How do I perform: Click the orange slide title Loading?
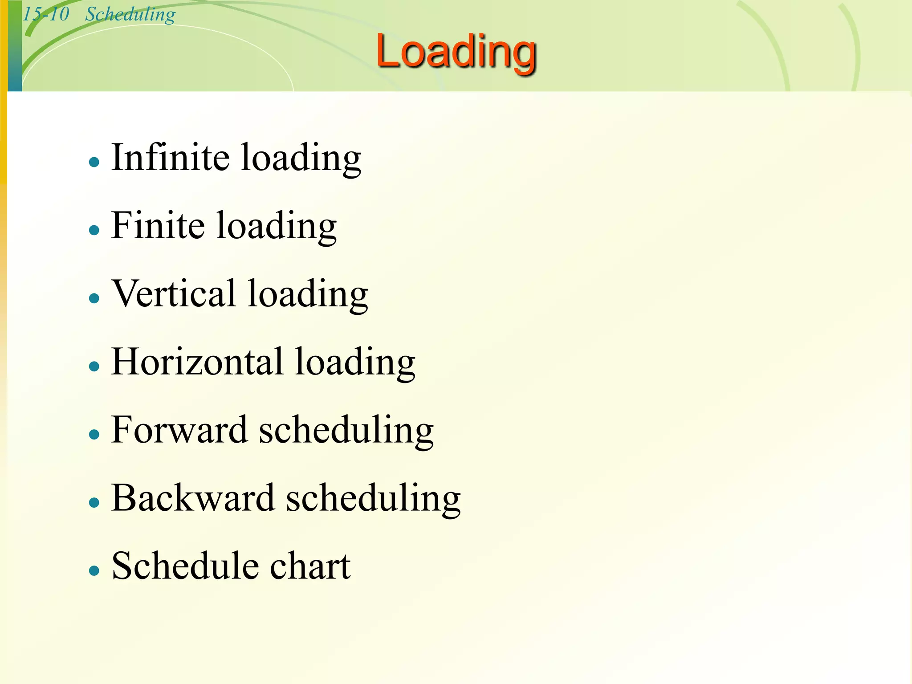[x=456, y=53]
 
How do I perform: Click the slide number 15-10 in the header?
[x=46, y=14]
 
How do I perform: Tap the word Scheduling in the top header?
[x=130, y=14]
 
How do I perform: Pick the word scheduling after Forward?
[x=346, y=431]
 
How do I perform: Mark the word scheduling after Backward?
[x=373, y=499]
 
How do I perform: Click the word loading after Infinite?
[x=301, y=159]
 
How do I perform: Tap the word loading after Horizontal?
[x=355, y=363]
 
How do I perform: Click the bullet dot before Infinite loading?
[x=94, y=162]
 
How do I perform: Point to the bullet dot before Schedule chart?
[x=94, y=570]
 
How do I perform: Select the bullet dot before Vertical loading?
[x=94, y=298]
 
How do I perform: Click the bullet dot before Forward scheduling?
[x=94, y=434]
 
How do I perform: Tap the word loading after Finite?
[x=277, y=227]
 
